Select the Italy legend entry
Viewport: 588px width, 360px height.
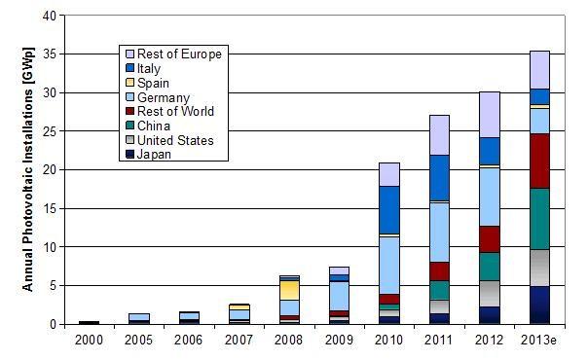[x=155, y=68]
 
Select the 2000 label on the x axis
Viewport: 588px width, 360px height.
[x=89, y=340]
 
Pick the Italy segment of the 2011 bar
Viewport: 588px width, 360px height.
[x=439, y=177]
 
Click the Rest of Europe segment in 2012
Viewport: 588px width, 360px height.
[x=488, y=115]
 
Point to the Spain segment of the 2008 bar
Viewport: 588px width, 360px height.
[x=289, y=290]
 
